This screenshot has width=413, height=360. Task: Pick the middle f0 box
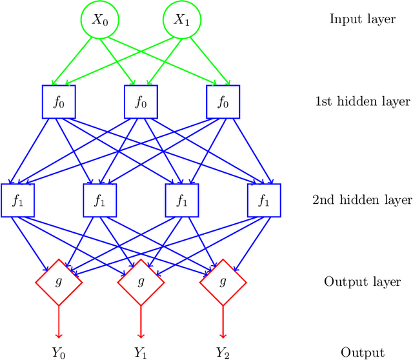(x=140, y=102)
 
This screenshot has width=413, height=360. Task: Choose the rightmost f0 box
(x=223, y=102)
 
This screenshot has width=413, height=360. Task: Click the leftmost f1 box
(x=17, y=201)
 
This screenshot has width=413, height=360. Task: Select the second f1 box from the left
(x=100, y=201)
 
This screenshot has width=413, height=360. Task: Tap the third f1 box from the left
(x=181, y=201)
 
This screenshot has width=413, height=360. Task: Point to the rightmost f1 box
(x=263, y=201)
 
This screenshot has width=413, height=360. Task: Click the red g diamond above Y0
(x=59, y=282)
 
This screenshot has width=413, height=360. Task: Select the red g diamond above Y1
(x=140, y=282)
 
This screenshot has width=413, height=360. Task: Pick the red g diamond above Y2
(x=223, y=282)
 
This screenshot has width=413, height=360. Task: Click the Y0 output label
(x=59, y=352)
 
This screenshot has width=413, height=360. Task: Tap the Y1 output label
(x=140, y=352)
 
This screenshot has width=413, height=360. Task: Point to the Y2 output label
(x=223, y=352)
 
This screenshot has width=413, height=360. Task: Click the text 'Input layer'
(x=362, y=19)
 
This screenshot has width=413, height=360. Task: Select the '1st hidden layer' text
(x=362, y=102)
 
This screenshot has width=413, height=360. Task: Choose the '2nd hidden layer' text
(x=362, y=201)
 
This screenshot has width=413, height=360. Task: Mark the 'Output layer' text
(x=362, y=282)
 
